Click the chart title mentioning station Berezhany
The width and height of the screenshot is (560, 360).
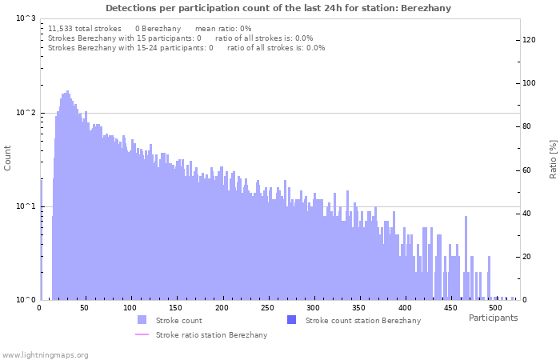coord(278,8)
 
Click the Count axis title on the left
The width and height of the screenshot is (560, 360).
coord(8,158)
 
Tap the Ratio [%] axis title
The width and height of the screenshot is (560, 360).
coord(553,158)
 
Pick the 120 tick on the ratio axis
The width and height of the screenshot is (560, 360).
coord(529,40)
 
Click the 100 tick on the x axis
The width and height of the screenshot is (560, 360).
coord(130,307)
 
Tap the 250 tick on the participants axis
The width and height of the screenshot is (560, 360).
coord(267,307)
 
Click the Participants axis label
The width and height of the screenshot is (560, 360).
coord(493,318)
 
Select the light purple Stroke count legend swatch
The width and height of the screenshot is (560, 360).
coord(142,320)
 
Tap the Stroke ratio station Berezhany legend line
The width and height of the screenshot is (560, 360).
coord(142,334)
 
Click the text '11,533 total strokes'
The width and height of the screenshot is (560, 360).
coord(85,28)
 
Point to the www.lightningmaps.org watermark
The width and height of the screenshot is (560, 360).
coord(45,354)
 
